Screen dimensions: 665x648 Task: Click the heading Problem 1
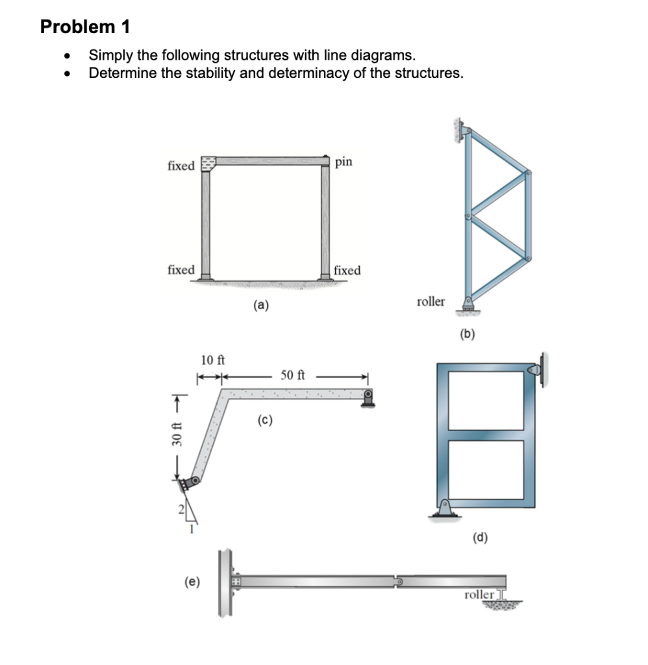coord(85,27)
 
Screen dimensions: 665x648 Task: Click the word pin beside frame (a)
coord(344,161)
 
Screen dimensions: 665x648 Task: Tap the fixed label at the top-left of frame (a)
coord(181,166)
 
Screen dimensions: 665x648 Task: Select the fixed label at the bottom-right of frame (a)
coord(347,270)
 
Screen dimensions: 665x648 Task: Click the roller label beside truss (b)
coord(430,301)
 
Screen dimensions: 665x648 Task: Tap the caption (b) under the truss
coord(467,334)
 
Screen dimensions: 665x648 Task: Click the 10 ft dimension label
coord(212,360)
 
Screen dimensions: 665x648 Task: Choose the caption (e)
coord(193,581)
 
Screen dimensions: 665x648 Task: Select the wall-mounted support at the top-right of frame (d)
coord(538,370)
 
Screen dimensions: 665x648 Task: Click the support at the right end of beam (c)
coord(368,398)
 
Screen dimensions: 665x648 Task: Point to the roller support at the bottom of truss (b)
coord(467,305)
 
